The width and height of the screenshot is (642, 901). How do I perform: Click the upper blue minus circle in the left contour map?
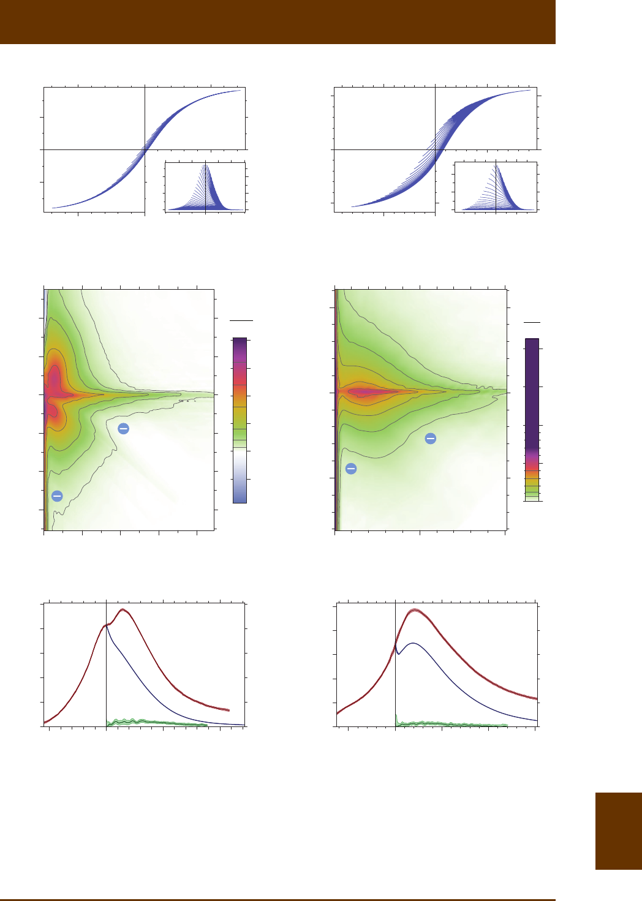tap(123, 429)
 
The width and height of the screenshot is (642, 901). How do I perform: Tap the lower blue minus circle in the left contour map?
tap(57, 496)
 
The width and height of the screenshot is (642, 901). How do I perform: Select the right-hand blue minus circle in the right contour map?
tap(431, 438)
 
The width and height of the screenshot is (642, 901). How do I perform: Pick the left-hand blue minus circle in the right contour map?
tap(351, 469)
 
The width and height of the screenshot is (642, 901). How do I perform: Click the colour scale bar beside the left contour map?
tap(240, 420)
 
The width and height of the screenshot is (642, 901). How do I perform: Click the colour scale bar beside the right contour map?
tap(532, 420)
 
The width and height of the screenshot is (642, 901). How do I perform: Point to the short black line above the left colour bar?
tap(241, 320)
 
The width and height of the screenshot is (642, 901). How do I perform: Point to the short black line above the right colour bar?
tap(532, 322)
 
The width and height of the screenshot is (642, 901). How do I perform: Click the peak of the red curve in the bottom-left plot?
tap(123, 609)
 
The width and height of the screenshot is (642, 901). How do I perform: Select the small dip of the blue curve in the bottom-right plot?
tap(398, 654)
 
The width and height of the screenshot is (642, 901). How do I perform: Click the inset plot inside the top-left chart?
tap(205, 187)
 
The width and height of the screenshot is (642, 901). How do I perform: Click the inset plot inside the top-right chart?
tap(496, 187)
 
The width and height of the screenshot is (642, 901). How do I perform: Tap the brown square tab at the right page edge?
tap(618, 831)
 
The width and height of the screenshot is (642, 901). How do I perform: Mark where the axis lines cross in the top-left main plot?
tap(145, 149)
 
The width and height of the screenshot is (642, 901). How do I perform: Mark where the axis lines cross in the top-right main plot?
tap(435, 149)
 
